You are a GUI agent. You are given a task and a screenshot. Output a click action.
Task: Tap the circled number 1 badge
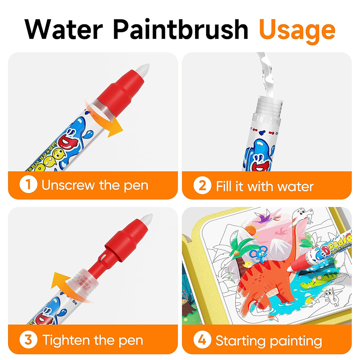point(28,186)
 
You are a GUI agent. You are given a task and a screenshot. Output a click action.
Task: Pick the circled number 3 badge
point(28,340)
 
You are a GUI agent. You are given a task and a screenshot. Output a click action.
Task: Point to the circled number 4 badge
point(202,340)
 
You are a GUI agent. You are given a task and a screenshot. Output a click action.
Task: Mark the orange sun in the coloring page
point(251,230)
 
